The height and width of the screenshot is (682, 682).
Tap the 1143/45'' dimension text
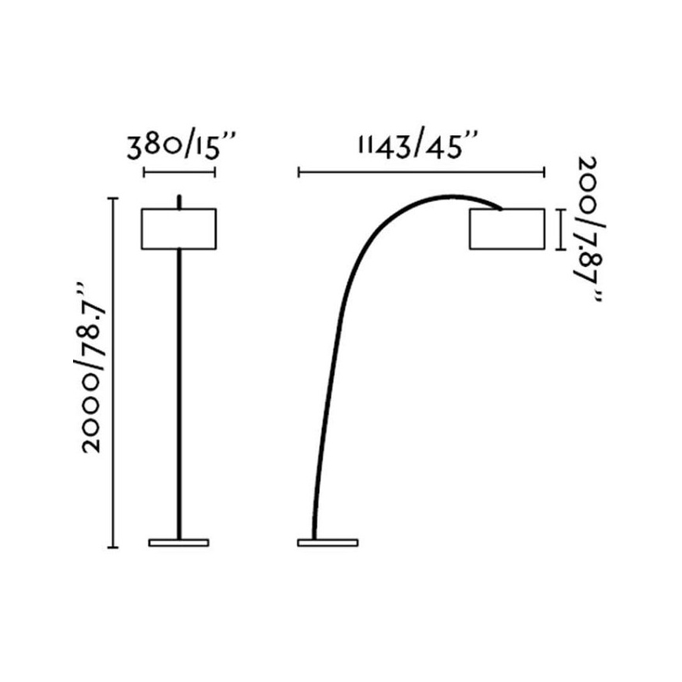point(418,147)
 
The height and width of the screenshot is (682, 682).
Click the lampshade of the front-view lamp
point(179,229)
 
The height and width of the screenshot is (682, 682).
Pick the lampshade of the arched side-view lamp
point(507,229)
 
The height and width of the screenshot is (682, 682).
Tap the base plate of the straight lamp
point(179,542)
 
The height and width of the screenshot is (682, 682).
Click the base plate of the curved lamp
point(328,542)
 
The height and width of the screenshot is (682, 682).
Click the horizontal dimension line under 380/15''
point(179,171)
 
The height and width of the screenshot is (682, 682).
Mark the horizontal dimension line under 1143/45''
point(421,171)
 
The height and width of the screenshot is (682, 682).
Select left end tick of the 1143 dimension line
point(299,171)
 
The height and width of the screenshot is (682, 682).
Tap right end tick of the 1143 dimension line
point(544,171)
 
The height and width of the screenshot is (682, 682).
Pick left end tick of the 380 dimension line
point(144,171)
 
